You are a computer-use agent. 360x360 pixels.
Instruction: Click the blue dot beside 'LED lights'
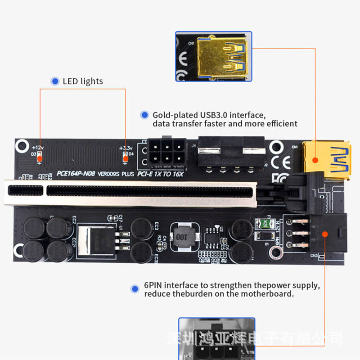pos(55,81)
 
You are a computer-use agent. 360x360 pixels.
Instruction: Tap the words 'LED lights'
pos(83,81)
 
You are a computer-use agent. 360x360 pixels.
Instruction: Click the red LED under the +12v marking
pos(39,157)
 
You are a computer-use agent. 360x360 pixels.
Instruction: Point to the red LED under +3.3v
pos(126,157)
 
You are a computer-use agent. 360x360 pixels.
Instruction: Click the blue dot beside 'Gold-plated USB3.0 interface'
pos(144,115)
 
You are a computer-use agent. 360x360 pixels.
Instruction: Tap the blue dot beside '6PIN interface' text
pos(134,288)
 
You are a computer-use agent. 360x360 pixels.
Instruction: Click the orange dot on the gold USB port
pos(315,160)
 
